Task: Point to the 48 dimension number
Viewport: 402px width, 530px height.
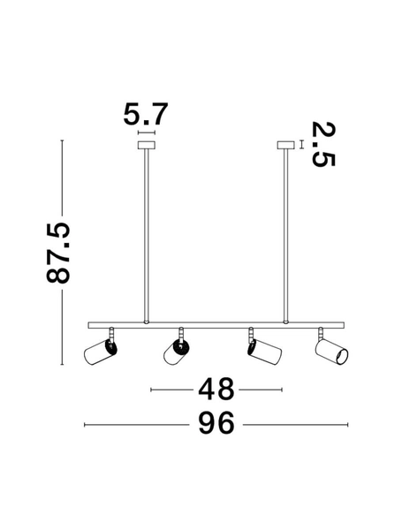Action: [x=216, y=389]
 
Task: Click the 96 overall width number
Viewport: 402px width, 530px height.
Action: [x=216, y=425]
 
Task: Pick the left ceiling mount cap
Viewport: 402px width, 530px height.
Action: [x=146, y=146]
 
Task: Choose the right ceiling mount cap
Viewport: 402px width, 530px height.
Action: [x=284, y=146]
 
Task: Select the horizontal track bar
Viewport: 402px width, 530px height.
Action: [x=216, y=322]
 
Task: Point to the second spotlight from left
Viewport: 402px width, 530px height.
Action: [x=176, y=352]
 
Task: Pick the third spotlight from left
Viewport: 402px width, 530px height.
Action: [x=263, y=352]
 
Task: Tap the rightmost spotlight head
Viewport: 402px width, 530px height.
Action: [x=331, y=352]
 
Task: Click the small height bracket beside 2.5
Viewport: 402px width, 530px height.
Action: [x=302, y=145]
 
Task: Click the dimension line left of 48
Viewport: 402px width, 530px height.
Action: [x=173, y=389]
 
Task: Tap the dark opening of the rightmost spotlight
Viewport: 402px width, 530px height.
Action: [x=342, y=356]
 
